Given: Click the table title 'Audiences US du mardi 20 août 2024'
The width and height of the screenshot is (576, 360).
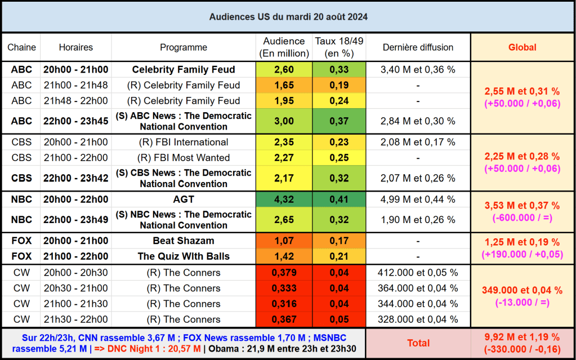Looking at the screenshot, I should [288, 16].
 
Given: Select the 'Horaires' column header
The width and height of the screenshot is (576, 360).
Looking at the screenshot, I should [76, 47].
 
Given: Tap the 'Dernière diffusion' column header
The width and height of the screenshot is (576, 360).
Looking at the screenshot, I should [418, 47].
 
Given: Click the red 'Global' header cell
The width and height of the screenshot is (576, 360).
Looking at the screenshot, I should [522, 47].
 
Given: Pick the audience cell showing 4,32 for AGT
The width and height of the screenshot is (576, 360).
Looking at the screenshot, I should [284, 199].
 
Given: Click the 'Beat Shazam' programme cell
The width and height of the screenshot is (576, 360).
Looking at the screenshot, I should [184, 241].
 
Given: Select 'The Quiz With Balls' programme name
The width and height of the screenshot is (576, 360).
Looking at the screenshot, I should [184, 256].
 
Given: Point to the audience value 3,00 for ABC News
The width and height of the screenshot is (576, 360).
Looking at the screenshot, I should [284, 121].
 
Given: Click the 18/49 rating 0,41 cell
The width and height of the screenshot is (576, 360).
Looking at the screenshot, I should [339, 199].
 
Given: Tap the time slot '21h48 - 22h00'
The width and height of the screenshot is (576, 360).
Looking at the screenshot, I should [76, 101].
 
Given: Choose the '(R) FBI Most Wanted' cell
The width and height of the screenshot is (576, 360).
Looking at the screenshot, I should [184, 157].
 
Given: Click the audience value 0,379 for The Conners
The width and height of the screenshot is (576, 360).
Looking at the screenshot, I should [284, 273].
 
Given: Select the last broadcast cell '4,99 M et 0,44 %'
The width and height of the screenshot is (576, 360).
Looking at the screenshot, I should [418, 199].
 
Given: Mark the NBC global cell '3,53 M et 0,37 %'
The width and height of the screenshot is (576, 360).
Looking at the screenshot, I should [522, 206].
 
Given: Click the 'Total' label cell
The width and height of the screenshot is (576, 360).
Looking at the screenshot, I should [418, 343].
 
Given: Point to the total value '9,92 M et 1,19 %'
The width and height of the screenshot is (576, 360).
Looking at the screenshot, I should [522, 337].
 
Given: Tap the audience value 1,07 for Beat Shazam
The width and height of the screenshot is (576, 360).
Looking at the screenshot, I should [284, 241].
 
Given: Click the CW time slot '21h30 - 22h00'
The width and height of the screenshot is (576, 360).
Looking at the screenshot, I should [76, 319].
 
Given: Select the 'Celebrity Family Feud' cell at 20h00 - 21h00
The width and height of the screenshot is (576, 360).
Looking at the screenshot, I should [184, 70].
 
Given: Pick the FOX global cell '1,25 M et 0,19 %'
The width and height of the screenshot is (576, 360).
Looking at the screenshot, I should [522, 242].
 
